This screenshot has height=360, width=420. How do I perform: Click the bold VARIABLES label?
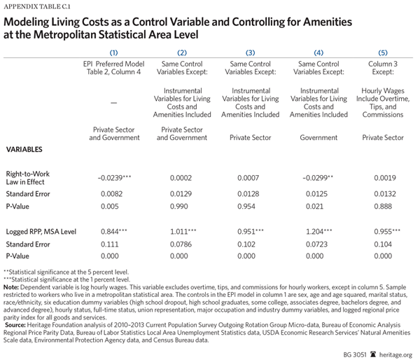point(26,150)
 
